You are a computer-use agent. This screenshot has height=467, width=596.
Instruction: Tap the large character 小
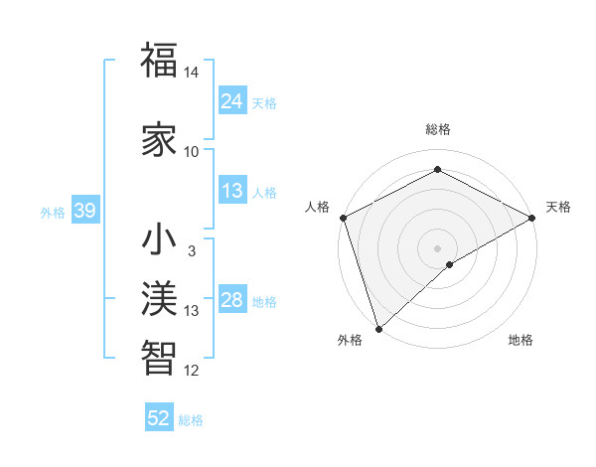[159, 241]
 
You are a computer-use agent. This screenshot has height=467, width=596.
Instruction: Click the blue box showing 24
[232, 101]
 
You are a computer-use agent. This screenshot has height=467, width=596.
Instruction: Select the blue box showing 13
[232, 192]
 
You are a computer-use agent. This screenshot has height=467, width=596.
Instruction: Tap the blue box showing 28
[232, 301]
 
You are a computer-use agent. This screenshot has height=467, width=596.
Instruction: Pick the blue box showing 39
[84, 212]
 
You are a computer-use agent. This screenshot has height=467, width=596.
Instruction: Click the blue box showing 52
[159, 418]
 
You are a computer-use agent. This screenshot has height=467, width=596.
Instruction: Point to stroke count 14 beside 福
[192, 74]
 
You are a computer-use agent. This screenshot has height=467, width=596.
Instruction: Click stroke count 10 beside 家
[192, 152]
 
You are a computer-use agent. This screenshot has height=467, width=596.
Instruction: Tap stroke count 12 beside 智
[192, 371]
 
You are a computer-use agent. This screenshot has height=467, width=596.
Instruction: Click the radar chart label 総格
[438, 129]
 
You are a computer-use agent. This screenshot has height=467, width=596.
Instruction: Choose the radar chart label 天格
[558, 207]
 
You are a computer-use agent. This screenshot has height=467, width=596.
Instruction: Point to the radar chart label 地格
[521, 340]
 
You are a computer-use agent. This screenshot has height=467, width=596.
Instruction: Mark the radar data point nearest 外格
[378, 328]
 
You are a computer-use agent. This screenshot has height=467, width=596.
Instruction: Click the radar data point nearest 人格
[342, 218]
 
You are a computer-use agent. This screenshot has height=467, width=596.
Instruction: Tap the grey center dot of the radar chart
[438, 247]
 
